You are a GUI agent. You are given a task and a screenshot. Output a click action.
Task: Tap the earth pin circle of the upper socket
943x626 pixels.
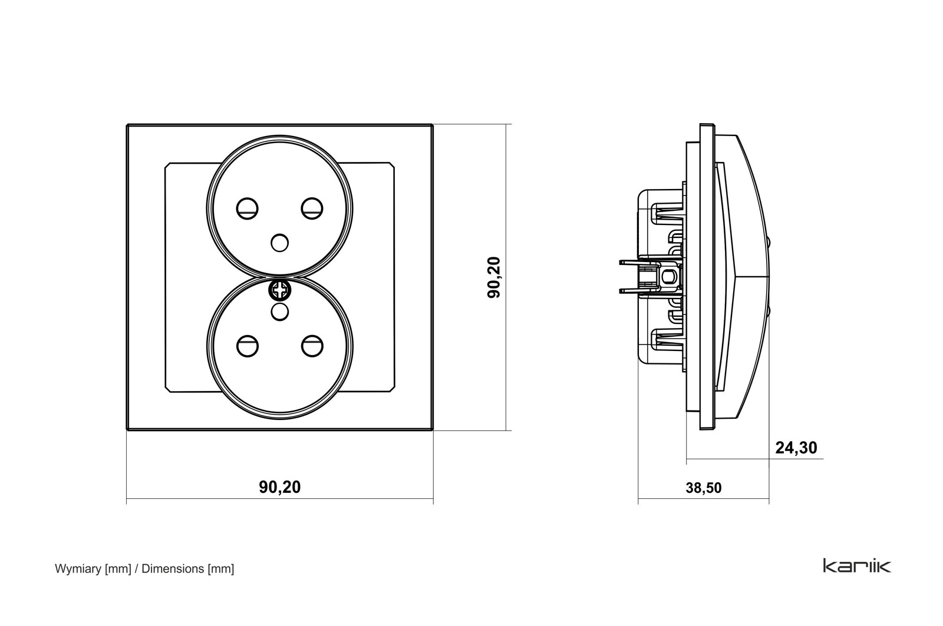[280, 243]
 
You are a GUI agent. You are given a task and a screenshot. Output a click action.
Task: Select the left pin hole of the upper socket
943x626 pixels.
[247, 208]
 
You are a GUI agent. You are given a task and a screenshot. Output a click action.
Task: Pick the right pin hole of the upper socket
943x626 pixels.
[312, 208]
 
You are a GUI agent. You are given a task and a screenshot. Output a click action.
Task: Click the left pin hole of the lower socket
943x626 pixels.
[248, 346]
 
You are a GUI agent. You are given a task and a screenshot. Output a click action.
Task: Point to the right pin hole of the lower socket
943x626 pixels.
[312, 346]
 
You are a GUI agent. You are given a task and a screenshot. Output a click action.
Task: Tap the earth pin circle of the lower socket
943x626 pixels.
[280, 312]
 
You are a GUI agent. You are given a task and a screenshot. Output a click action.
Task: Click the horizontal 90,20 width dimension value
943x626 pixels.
[280, 487]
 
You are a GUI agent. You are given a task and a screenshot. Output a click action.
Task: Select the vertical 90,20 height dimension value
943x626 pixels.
[494, 277]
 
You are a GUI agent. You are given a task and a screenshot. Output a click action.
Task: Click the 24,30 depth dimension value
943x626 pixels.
[796, 448]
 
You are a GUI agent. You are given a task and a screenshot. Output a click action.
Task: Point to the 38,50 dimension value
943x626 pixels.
[704, 488]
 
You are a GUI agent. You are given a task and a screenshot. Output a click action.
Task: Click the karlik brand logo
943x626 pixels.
[857, 566]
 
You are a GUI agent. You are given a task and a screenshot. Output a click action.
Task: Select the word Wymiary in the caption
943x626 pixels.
[78, 569]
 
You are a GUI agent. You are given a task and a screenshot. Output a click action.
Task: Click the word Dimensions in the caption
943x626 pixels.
[173, 569]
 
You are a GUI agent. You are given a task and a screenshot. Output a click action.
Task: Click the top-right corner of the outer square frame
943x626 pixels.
[433, 124]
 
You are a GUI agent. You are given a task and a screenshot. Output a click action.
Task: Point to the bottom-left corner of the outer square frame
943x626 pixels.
[127, 429]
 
